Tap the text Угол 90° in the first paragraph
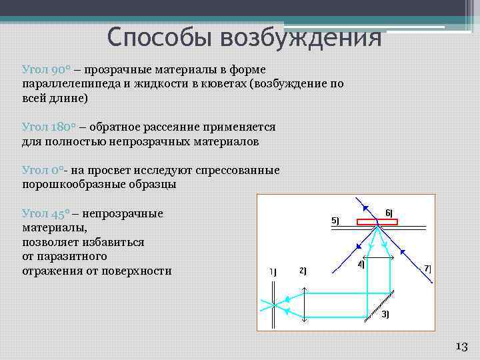pos(45,69)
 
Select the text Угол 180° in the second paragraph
pos(47,127)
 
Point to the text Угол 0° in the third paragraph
pos(42,170)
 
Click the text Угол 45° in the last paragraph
pos(45,213)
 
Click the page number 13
pos(461,346)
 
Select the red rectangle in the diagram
pos(377,222)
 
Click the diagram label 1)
pos(272,271)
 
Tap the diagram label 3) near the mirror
pos(385,314)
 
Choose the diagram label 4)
pos(361,264)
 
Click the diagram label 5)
pos(335,221)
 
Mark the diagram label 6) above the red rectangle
pos(389,213)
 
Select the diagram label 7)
pos(427,268)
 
